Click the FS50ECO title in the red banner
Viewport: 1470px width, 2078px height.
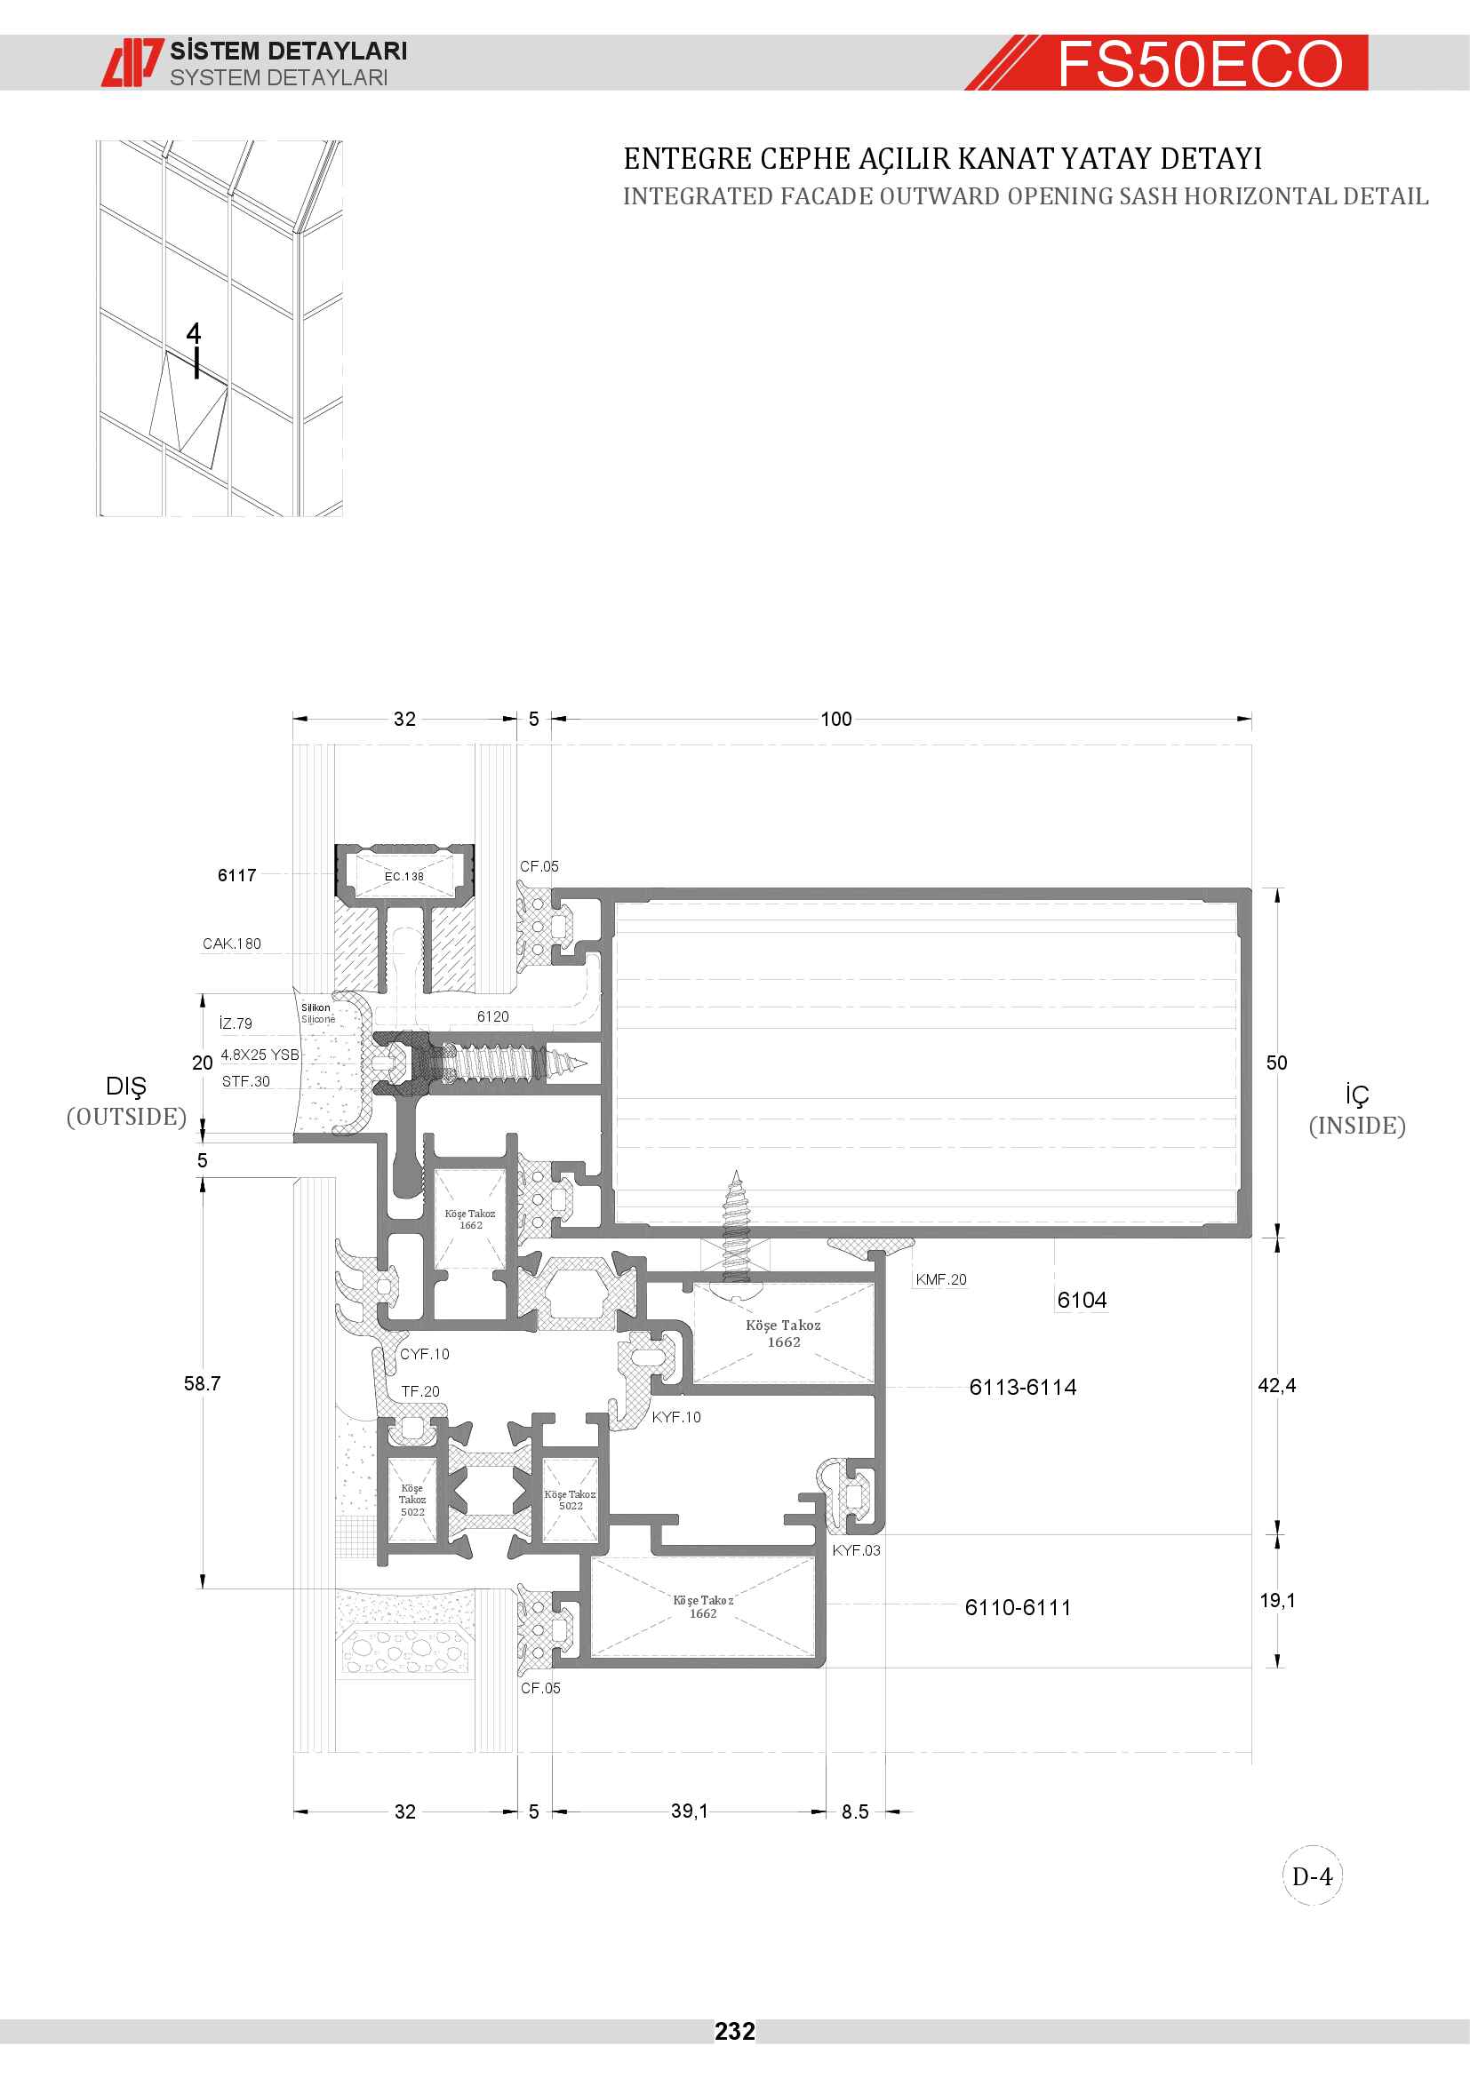point(1200,64)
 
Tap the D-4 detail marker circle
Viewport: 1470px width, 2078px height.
point(1313,1876)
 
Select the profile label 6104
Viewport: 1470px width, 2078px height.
point(1082,1301)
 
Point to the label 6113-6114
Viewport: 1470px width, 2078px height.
point(1023,1388)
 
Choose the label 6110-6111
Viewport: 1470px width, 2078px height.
point(1019,1607)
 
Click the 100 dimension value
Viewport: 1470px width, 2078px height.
point(836,719)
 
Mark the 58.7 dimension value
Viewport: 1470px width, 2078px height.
point(203,1384)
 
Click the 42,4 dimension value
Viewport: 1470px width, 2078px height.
point(1276,1386)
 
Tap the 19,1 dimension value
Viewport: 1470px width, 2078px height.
point(1277,1600)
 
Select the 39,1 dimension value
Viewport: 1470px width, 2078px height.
point(690,1810)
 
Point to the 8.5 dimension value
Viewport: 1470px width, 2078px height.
point(854,1811)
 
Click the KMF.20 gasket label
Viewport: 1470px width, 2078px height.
point(941,1278)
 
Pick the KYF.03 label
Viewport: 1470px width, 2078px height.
point(856,1550)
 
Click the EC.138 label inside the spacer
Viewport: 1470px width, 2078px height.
point(403,876)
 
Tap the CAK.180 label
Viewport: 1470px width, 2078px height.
point(232,944)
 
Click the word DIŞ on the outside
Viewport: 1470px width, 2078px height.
point(126,1087)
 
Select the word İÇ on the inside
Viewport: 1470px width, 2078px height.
point(1357,1095)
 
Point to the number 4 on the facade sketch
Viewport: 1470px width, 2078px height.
point(194,333)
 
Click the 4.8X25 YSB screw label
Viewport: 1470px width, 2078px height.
point(260,1055)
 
